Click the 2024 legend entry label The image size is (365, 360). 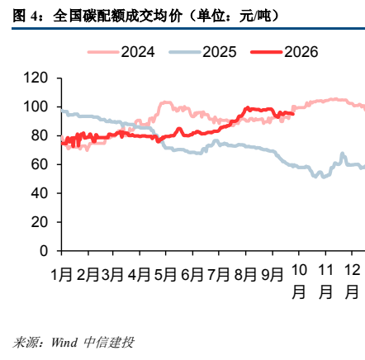pos(138,52)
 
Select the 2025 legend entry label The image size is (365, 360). pos(220,52)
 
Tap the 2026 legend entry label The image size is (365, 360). pos(301,52)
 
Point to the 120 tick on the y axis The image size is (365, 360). pos(36,78)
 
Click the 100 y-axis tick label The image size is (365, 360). pos(36,107)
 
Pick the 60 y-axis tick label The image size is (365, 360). pos(40,164)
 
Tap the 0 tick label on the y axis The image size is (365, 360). pos(44,251)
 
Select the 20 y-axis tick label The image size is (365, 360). pos(40,222)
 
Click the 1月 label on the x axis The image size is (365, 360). pos(62,275)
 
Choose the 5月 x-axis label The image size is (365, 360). pos(165,275)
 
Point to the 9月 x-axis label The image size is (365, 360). pos(273,275)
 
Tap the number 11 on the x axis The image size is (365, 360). pos(325,270)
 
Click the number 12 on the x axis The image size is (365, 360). pos(352,270)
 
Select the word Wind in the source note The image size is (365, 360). pos(64,343)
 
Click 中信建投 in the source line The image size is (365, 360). pos(109,343)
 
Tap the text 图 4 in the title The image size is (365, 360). pos(25,16)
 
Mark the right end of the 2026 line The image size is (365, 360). pos(293,114)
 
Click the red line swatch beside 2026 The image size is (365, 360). pos(267,52)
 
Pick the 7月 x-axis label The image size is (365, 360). pos(219,275)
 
